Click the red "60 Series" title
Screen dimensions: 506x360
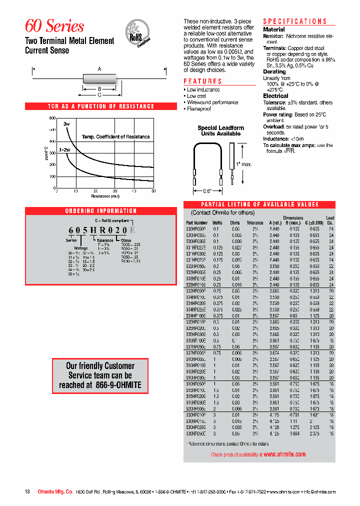tap(54, 26)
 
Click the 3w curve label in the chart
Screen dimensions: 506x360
tap(66, 123)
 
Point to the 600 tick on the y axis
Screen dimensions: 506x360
tap(52, 118)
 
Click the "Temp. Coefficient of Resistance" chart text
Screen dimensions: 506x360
tap(115, 136)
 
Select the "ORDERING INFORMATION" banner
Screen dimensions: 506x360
tap(101, 211)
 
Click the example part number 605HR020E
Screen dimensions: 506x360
tap(101, 230)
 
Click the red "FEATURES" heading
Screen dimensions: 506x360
tap(202, 81)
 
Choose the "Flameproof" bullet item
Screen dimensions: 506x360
tap(198, 108)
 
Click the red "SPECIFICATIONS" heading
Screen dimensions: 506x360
tap(295, 21)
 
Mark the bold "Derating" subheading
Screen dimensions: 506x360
tap(274, 71)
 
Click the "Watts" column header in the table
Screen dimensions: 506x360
tap(217, 222)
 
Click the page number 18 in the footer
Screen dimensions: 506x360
tap(27, 492)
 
